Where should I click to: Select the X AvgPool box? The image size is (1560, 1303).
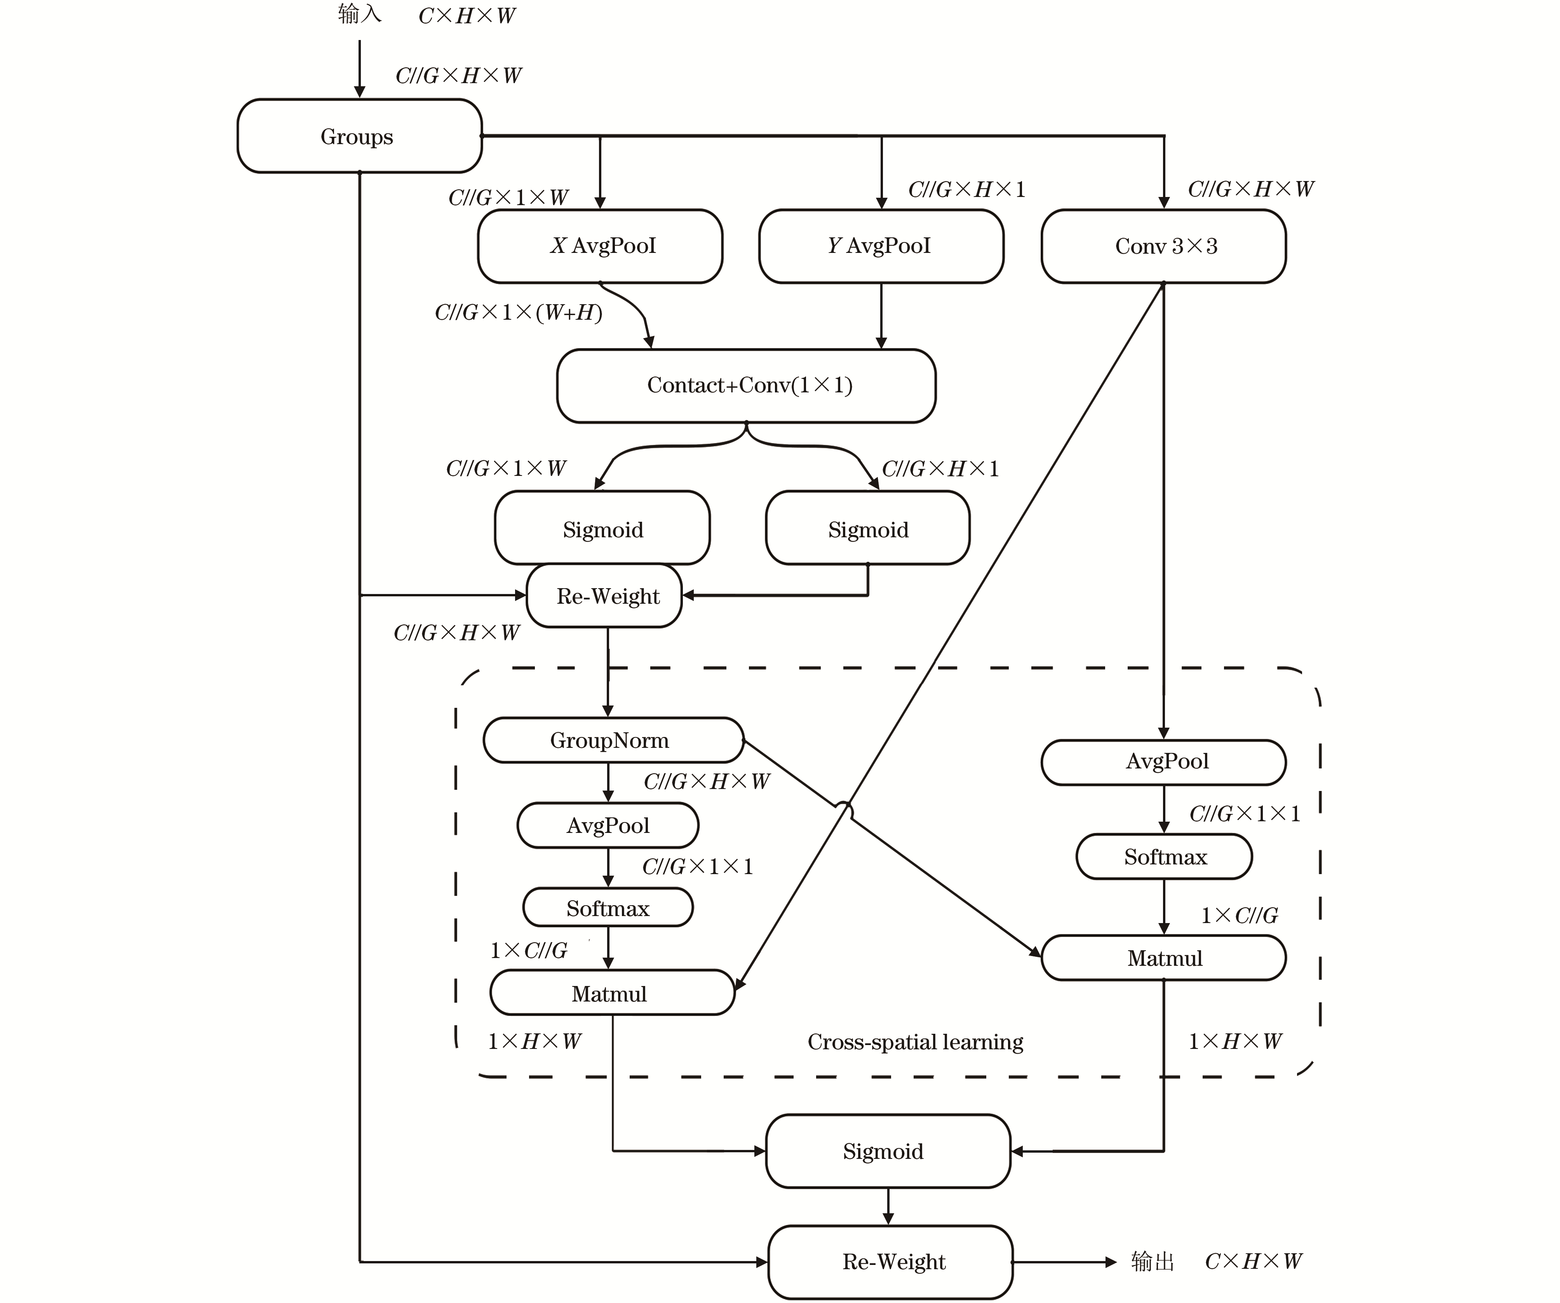[600, 246]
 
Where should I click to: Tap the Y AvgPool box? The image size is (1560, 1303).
[881, 246]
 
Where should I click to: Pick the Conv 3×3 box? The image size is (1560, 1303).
[1163, 246]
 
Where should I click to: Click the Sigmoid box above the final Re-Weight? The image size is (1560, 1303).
[888, 1151]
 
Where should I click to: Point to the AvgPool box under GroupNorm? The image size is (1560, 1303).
[608, 825]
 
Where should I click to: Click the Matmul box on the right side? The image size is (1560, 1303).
[1163, 958]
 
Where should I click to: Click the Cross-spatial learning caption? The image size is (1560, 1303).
[915, 1042]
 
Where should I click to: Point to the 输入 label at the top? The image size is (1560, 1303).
[360, 14]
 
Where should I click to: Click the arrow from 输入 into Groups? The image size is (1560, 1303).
[360, 68]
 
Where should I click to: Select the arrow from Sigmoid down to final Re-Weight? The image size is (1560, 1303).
[888, 1206]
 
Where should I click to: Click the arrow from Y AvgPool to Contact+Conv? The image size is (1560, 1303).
[881, 316]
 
